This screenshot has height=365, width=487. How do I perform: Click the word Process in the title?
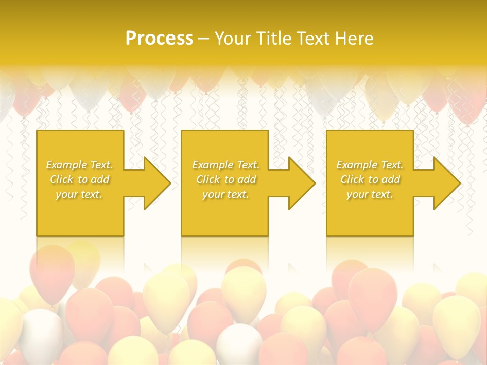tap(159, 38)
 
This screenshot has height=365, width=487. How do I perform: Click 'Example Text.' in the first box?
tap(80, 165)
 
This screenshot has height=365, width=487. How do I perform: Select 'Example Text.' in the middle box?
tap(226, 165)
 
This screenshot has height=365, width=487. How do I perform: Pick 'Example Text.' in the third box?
tap(370, 165)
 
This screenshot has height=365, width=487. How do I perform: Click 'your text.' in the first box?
tap(79, 194)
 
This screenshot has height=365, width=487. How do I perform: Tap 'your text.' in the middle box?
tap(225, 194)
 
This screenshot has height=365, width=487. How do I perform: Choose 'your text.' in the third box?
tap(369, 194)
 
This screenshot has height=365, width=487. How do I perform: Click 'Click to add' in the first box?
tap(80, 179)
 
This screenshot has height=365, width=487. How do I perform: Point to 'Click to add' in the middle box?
tap(226, 179)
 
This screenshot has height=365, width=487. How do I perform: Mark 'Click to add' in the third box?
tap(370, 179)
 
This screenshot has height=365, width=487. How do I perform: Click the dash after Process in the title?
tap(204, 39)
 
